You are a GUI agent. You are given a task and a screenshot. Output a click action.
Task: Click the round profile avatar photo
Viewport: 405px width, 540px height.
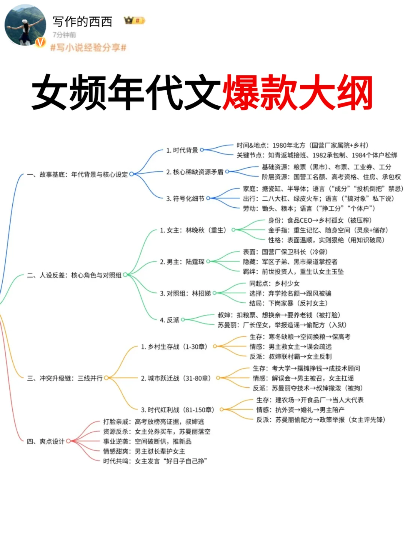click(x=25, y=25)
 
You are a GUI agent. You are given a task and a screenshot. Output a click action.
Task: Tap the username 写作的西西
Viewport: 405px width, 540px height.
click(x=82, y=22)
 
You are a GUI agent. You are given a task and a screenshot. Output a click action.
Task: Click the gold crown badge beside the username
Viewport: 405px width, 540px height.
click(x=134, y=20)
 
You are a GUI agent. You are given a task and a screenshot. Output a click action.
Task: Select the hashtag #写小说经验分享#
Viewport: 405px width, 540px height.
click(x=88, y=48)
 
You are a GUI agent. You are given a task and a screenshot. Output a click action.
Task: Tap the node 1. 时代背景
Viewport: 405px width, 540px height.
click(x=182, y=150)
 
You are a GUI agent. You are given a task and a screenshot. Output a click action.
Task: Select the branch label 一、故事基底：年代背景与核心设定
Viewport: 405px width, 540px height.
click(x=77, y=174)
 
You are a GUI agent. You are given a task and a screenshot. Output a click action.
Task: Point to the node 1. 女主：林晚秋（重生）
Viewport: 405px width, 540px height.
click(x=193, y=230)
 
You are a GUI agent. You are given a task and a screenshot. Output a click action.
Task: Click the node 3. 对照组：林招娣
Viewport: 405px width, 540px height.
click(x=185, y=293)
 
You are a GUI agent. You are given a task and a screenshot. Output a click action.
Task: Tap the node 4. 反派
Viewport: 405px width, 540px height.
click(x=169, y=320)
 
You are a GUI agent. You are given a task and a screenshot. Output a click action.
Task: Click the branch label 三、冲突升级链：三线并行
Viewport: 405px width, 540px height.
click(x=64, y=378)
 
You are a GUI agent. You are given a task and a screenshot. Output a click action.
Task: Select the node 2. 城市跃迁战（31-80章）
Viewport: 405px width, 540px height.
click(x=175, y=378)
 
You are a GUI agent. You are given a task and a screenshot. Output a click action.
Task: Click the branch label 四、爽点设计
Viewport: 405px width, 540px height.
click(x=45, y=441)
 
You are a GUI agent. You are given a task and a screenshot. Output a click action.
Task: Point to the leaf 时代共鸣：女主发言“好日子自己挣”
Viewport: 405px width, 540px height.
click(x=155, y=461)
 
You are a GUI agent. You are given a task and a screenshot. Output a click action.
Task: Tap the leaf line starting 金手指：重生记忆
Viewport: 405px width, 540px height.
click(x=328, y=230)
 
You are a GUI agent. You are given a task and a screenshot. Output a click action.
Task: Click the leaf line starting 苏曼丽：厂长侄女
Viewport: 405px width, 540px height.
click(x=282, y=325)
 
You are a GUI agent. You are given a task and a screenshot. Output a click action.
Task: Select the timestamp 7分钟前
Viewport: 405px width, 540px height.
click(x=64, y=35)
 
